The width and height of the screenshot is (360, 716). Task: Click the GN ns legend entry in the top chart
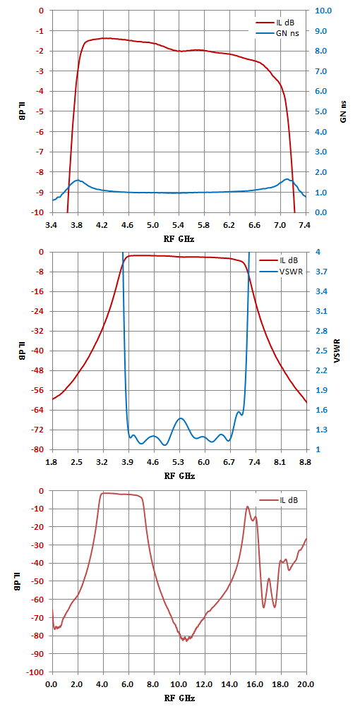tap(277, 33)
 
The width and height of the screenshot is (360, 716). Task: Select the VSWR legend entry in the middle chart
tap(279, 272)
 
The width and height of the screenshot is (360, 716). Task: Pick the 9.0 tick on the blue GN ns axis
tap(318, 30)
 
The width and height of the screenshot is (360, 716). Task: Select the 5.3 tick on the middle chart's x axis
tap(179, 461)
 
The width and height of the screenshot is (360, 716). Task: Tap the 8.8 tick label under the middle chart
tap(306, 461)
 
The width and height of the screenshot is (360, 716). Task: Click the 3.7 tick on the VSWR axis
tap(317, 272)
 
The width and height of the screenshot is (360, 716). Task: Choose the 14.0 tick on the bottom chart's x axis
tap(230, 684)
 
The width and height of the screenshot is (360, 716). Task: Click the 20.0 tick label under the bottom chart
tap(306, 684)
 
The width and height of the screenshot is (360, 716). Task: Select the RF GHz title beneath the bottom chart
tap(179, 698)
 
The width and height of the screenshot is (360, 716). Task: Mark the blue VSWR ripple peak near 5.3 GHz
tap(181, 418)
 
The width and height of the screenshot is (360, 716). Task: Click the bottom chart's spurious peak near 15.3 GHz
tap(247, 506)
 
